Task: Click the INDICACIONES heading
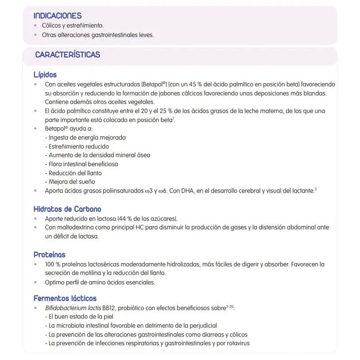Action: click(x=58, y=16)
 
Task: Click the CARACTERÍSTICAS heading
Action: click(x=67, y=55)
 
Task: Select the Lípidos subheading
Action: click(x=45, y=75)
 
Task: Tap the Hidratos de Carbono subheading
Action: click(x=67, y=209)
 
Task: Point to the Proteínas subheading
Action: click(x=49, y=255)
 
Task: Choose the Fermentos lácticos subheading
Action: click(x=65, y=298)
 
